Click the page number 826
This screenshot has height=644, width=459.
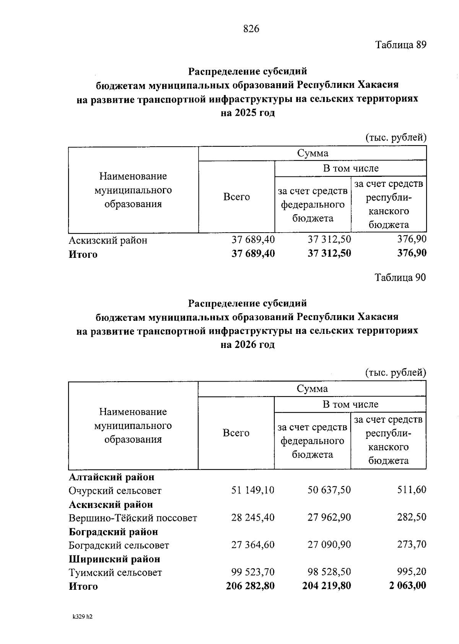(x=251, y=29)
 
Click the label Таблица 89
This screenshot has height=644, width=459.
(x=400, y=45)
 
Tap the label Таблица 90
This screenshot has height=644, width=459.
(x=400, y=278)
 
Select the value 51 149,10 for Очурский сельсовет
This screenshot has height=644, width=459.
(x=253, y=490)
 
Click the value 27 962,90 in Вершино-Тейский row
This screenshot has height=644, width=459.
(x=329, y=518)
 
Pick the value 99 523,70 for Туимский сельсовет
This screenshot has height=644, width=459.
(x=253, y=572)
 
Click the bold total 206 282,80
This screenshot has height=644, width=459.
(x=250, y=586)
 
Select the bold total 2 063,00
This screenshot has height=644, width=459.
(x=408, y=586)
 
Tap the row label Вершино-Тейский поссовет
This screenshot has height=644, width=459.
(x=133, y=518)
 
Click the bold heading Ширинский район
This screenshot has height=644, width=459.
(x=114, y=559)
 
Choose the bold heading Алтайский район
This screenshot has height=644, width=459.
(x=112, y=477)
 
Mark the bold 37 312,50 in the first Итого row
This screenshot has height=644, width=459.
(x=329, y=253)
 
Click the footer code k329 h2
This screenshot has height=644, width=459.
(x=82, y=616)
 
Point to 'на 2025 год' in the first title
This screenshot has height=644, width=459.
(x=248, y=113)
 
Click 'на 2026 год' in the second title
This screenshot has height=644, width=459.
(x=248, y=345)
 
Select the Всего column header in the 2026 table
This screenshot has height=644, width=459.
(x=236, y=433)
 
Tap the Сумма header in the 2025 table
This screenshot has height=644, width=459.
(x=313, y=154)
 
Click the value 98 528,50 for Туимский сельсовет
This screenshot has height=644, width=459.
(x=329, y=572)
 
